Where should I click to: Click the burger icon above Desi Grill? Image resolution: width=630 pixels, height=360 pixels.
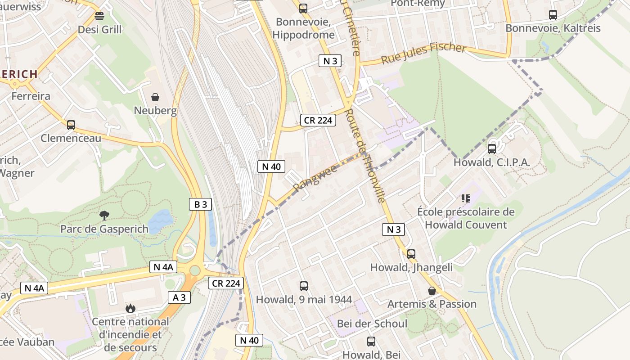(x=99, y=16)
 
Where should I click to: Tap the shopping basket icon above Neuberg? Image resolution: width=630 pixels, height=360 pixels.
(x=155, y=97)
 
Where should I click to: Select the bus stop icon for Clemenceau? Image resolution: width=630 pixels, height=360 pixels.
(x=71, y=125)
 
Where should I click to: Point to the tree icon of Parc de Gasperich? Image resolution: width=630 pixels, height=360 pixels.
(x=104, y=216)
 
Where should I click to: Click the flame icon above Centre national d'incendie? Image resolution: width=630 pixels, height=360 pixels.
(x=130, y=308)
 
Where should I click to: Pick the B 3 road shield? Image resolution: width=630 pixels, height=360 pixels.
(x=200, y=204)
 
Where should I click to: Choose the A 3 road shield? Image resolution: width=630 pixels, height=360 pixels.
(x=179, y=297)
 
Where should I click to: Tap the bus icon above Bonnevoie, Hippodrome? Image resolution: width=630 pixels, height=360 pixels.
(x=303, y=8)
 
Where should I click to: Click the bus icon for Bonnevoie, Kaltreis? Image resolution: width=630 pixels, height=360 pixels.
(x=553, y=14)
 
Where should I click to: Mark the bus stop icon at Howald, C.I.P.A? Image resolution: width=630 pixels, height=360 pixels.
(x=492, y=148)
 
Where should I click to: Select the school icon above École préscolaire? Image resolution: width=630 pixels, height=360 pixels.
(x=465, y=198)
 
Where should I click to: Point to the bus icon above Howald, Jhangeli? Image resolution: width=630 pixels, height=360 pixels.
(x=411, y=254)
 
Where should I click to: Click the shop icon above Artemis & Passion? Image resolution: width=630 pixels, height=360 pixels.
(x=432, y=291)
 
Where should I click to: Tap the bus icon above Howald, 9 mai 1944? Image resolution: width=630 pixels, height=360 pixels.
(x=304, y=286)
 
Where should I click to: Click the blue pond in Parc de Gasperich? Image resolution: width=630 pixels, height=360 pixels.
(x=160, y=220)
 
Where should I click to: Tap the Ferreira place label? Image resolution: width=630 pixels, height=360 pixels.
(x=31, y=96)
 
